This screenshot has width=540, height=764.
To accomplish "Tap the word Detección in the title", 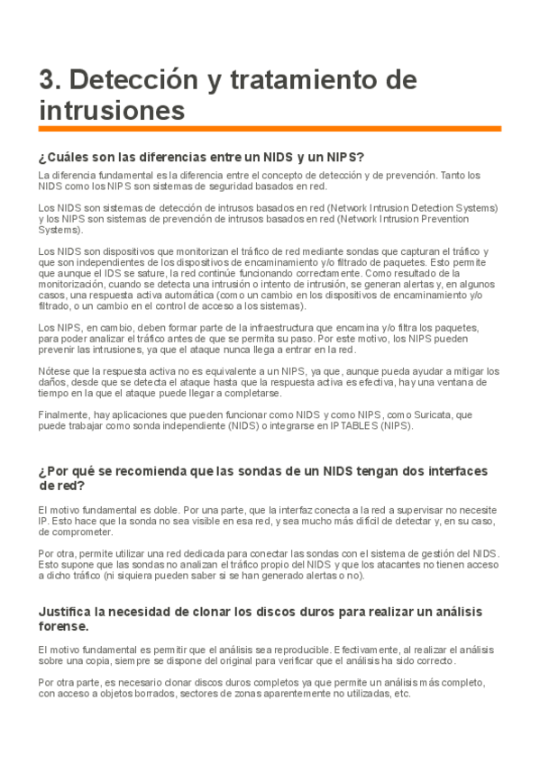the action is [123, 80].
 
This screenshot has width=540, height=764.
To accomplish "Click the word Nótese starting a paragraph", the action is [53, 370].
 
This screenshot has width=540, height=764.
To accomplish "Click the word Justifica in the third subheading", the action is [70, 612].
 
